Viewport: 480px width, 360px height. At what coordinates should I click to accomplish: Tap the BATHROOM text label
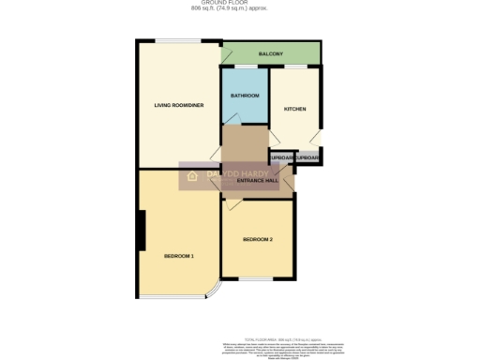[245, 96]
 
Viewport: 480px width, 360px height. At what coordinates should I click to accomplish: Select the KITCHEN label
[295, 109]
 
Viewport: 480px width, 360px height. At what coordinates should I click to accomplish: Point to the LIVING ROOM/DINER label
[178, 105]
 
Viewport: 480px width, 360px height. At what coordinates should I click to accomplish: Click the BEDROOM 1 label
[178, 256]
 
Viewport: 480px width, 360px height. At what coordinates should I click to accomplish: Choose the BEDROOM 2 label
[258, 240]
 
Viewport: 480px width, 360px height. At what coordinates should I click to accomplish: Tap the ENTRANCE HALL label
[258, 180]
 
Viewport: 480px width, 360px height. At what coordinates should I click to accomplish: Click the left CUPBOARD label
[282, 158]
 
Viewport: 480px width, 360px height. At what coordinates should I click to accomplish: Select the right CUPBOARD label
[307, 158]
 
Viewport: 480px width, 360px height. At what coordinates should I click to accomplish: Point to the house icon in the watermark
[192, 174]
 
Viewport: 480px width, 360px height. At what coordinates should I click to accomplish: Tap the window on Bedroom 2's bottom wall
[257, 279]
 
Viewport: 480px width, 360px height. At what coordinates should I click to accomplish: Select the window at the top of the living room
[179, 40]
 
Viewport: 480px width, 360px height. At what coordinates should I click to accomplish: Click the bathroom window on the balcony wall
[245, 67]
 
